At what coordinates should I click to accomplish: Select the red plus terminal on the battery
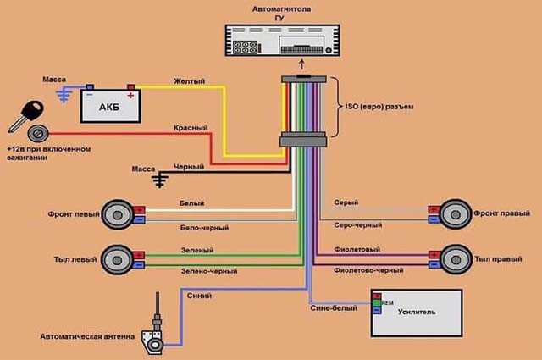coord(130,86)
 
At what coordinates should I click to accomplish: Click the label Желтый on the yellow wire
coord(189,82)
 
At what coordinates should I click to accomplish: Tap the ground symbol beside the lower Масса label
coord(160,179)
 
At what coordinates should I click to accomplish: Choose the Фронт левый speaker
coord(118,213)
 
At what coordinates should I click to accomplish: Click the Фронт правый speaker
coord(456,213)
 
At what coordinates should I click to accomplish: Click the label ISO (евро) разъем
coord(384,108)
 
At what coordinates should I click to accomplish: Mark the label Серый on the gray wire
coord(345,202)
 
